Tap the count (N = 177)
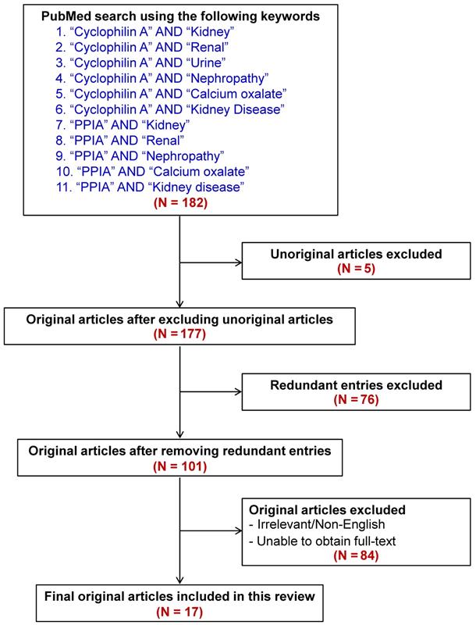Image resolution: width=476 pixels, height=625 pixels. pyautogui.click(x=180, y=335)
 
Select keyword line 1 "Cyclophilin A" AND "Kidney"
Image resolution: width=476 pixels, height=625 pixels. pyautogui.click(x=140, y=27)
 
